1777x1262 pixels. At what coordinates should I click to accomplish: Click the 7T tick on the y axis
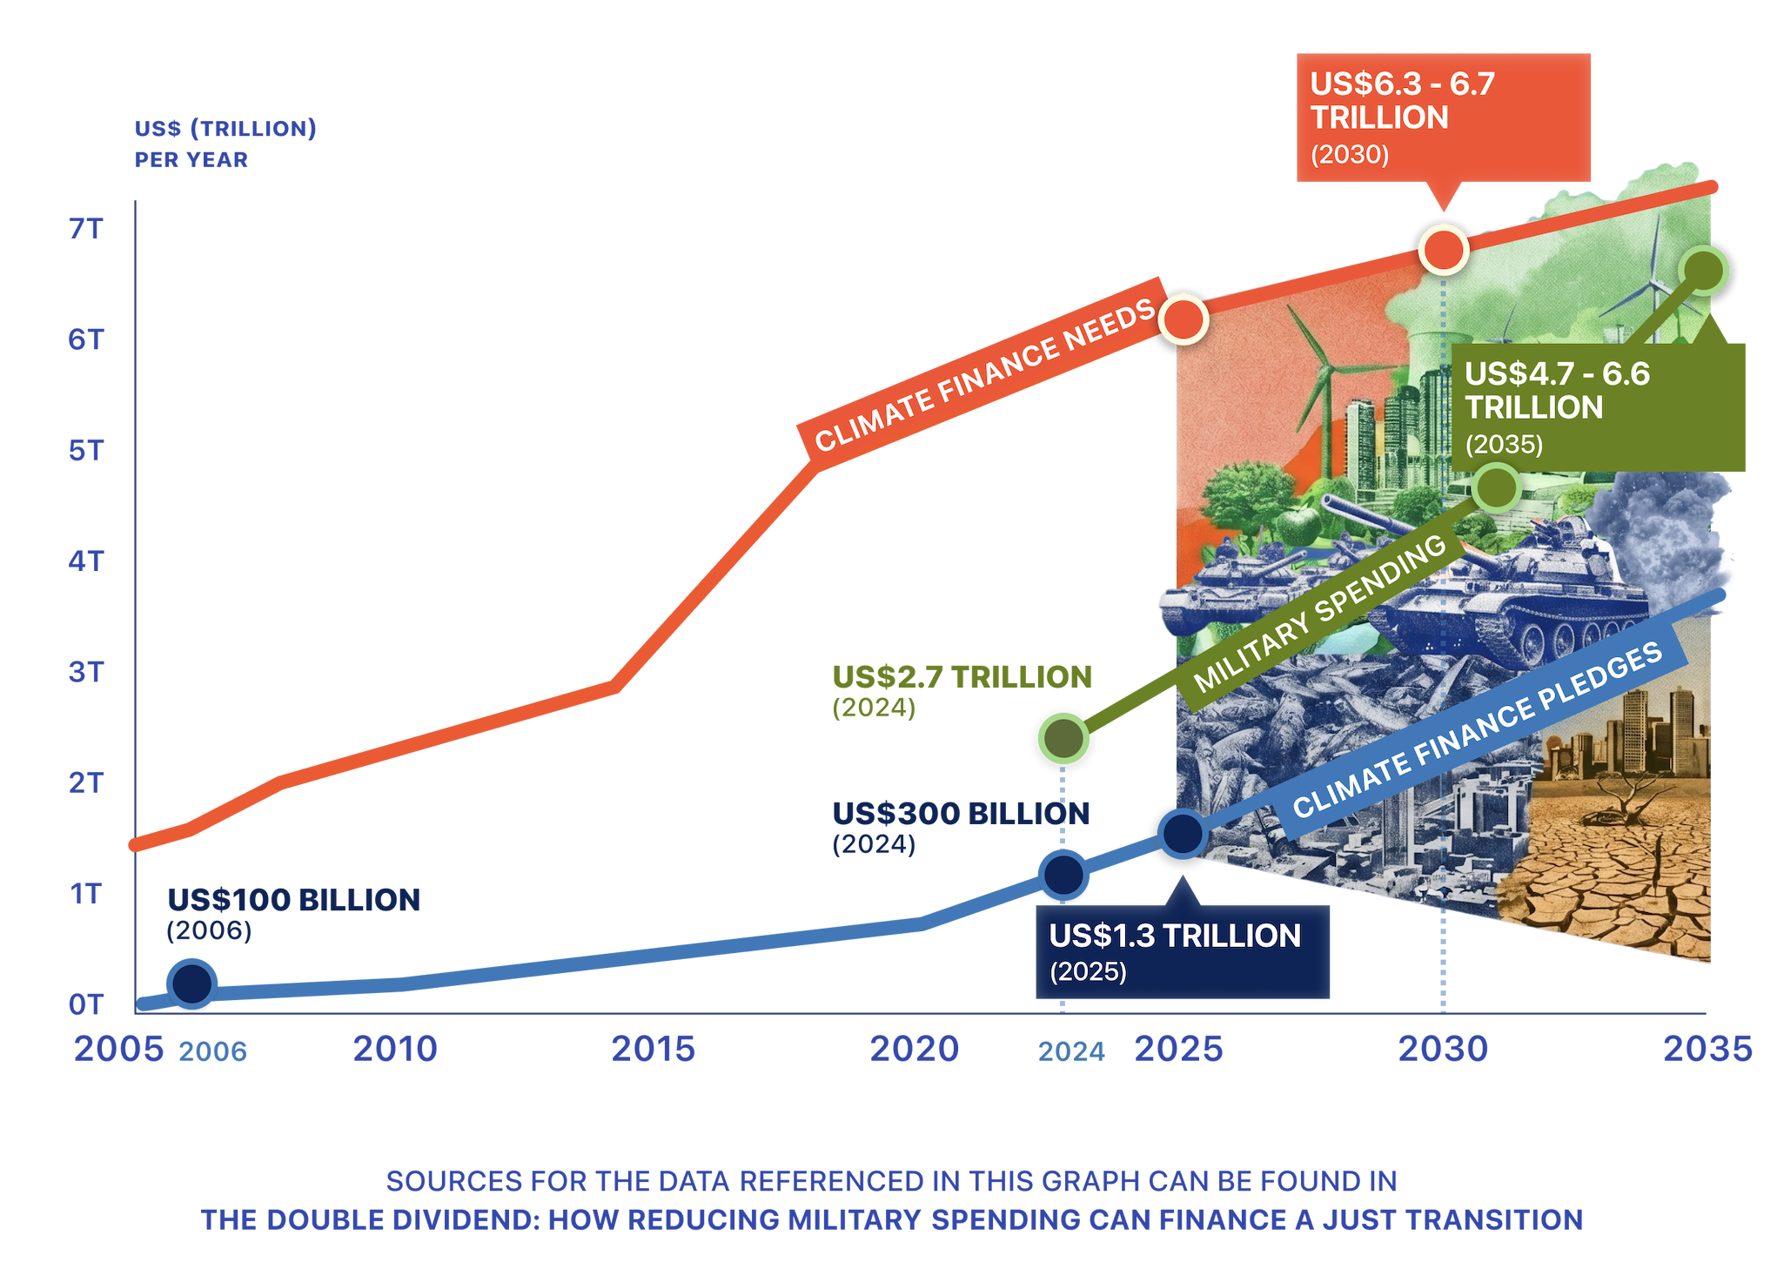[85, 229]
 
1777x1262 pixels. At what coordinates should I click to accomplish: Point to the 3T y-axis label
[85, 672]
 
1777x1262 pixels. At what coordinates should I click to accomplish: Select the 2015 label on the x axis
[653, 1049]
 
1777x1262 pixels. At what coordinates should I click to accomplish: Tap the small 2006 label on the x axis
[212, 1052]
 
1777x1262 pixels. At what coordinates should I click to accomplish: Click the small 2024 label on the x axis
[1071, 1052]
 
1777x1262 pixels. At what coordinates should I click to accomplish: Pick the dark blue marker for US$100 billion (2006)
[192, 983]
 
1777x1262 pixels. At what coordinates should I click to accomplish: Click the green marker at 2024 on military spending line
[1063, 739]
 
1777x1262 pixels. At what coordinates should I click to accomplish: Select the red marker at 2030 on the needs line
[1444, 251]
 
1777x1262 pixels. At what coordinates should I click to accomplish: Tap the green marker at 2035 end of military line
[1703, 272]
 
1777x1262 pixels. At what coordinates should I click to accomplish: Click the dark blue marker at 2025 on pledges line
[1183, 834]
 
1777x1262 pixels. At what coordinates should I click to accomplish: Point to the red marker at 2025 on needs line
[1184, 319]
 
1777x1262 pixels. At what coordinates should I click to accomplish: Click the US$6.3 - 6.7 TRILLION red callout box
[1443, 117]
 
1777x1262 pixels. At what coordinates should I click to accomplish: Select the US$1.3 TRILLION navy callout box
[1182, 951]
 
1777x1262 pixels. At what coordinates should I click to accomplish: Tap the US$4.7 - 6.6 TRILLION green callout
[1598, 407]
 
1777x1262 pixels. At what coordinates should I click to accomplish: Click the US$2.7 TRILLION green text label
[961, 678]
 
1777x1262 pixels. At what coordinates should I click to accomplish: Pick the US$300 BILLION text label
[961, 815]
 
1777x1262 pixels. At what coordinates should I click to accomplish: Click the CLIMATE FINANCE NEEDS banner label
[983, 377]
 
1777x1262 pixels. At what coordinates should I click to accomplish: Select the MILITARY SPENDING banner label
[1318, 614]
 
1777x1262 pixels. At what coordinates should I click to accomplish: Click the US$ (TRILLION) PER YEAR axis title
[225, 144]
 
